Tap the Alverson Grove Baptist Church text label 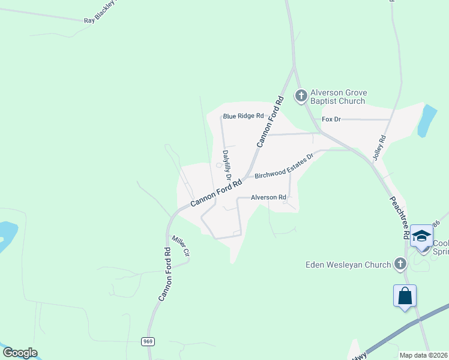click(x=338, y=97)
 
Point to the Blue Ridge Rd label click(x=243, y=116)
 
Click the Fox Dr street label click(x=331, y=119)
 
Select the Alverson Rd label click(x=268, y=197)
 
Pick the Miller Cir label click(x=181, y=246)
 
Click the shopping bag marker click(x=405, y=296)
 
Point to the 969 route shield click(x=148, y=341)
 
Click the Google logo click(x=20, y=353)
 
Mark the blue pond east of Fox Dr click(x=427, y=121)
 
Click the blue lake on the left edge click(x=7, y=235)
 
